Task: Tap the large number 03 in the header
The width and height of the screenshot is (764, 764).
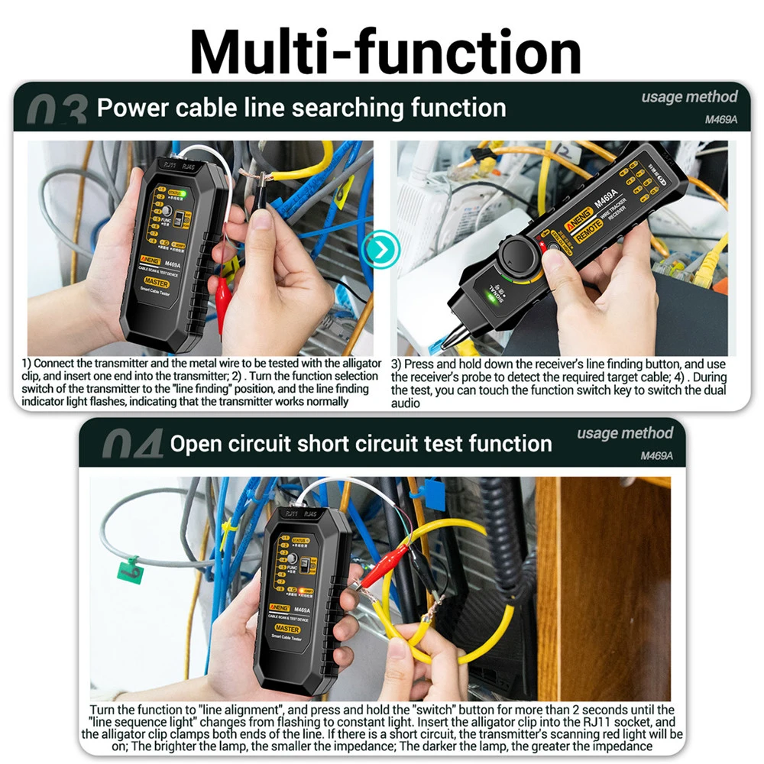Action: point(57,112)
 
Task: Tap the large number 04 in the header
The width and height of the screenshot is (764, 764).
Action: point(131,445)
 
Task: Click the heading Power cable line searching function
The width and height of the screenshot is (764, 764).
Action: point(301,108)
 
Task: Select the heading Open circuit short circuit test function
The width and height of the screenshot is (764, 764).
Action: point(361,443)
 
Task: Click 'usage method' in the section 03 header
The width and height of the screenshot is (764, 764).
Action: point(689,97)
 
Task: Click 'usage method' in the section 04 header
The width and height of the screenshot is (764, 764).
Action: point(625,433)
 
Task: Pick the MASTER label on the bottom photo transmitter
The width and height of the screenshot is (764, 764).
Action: point(288,628)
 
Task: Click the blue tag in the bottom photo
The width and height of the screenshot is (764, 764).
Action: point(433,494)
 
